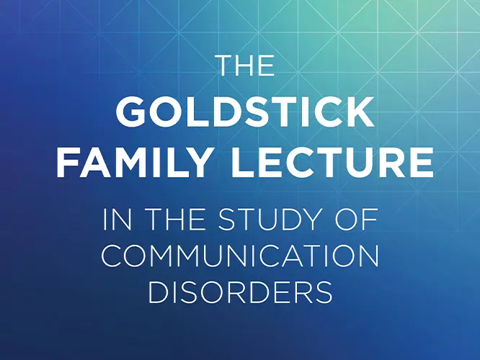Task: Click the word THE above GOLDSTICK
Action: [x=245, y=66]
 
